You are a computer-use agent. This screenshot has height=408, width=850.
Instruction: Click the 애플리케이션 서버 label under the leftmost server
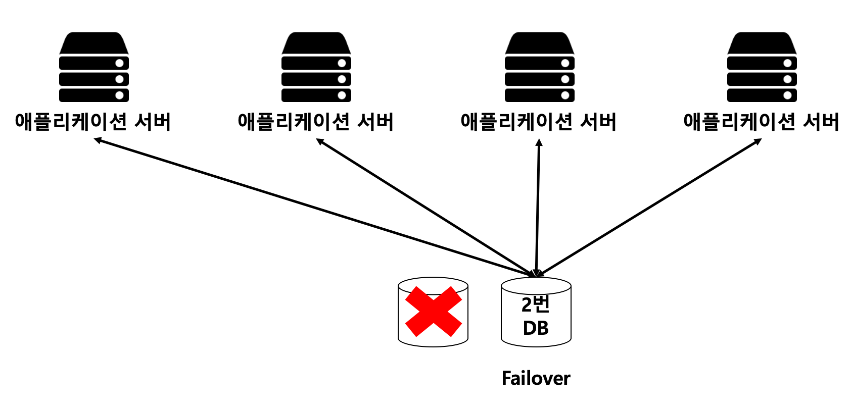93,122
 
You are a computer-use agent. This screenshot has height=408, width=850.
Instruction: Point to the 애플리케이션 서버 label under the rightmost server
761,122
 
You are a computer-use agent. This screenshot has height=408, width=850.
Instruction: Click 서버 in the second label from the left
375,122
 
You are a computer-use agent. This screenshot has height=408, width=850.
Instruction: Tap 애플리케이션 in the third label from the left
516,122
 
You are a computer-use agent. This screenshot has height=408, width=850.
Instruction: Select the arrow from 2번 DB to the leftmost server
313,208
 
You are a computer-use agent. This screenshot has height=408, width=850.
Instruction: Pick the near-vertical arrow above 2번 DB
538,208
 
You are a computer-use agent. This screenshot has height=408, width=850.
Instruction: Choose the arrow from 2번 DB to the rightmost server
649,208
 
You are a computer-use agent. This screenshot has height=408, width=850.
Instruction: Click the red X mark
433,312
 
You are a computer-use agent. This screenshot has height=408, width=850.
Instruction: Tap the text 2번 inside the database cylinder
535,304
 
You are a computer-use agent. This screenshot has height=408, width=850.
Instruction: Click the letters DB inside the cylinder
536,328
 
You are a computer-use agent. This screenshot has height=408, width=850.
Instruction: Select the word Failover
536,378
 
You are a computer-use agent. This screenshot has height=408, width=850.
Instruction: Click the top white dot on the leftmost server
120,63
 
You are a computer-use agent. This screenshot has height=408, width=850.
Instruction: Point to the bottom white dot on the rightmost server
787,95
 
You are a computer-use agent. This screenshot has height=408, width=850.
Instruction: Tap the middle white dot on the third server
565,79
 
